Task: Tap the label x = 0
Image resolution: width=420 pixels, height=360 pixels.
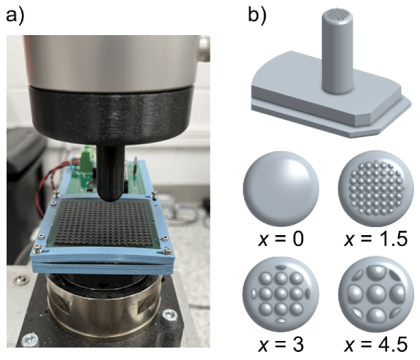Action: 280,239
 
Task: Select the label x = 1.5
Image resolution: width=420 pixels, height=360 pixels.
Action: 375,239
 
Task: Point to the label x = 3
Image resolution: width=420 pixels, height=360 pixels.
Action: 280,344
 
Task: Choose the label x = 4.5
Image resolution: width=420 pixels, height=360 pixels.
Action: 375,344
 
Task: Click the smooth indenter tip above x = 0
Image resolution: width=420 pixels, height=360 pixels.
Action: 281,188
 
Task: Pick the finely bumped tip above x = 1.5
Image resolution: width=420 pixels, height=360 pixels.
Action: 376,188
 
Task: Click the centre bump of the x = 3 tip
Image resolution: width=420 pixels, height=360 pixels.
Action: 281,294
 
